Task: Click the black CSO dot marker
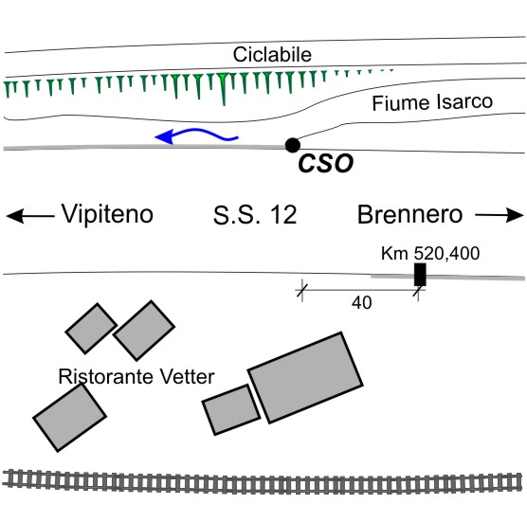tap(292, 146)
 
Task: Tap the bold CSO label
tap(326, 164)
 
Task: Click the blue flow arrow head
tap(164, 136)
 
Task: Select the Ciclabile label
tap(272, 54)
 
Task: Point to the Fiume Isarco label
tap(432, 102)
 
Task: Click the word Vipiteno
tap(107, 214)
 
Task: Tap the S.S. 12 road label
tap(255, 215)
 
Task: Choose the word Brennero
tap(409, 215)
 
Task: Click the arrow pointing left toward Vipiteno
tap(30, 216)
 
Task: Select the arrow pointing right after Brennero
tap(500, 215)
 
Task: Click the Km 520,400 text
tap(430, 254)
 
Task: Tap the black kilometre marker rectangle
tap(420, 275)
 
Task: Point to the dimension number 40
tap(362, 303)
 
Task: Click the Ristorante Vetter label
tap(136, 376)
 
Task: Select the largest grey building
tap(305, 378)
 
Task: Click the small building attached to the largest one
tap(231, 410)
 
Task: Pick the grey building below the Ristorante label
tap(69, 418)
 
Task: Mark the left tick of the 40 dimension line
tap(302, 290)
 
